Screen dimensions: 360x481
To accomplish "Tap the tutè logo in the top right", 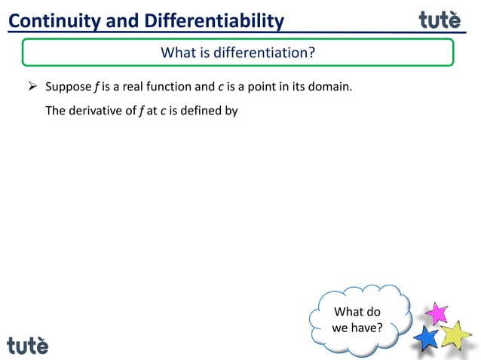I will point(440,20).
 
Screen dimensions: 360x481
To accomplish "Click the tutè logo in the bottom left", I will point(28,346).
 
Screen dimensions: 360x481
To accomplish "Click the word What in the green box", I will point(178,53).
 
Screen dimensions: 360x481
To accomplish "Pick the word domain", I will point(331,87).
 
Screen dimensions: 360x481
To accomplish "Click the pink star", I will point(436,313).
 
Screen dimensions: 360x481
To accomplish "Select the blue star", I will point(427,338).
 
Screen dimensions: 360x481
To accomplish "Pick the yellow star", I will point(455,334).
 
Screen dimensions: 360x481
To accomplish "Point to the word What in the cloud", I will point(348,312).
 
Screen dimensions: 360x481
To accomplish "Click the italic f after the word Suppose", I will point(97,87).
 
